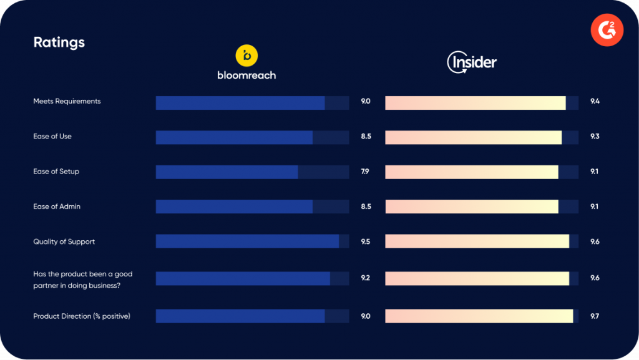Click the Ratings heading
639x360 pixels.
click(x=59, y=42)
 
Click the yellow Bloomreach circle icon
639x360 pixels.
click(x=246, y=56)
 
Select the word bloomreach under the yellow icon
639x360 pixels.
click(x=246, y=75)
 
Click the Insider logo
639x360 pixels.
click(x=472, y=62)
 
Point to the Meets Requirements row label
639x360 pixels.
click(x=67, y=101)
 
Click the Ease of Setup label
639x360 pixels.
click(x=56, y=172)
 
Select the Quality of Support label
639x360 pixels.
click(x=64, y=241)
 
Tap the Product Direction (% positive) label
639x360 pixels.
click(x=82, y=316)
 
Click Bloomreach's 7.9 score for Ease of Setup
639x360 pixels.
click(x=365, y=172)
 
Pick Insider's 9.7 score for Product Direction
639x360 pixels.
click(x=595, y=316)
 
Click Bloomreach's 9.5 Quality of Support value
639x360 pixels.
click(x=366, y=241)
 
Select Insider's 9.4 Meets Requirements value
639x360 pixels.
click(x=595, y=101)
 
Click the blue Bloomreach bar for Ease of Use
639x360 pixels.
click(x=234, y=137)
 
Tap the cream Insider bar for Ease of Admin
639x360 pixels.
click(x=471, y=207)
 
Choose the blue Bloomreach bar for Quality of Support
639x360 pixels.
click(x=247, y=241)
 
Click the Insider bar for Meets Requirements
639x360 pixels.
click(x=475, y=103)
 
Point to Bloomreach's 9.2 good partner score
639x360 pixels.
click(x=366, y=278)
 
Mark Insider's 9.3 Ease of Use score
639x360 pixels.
click(x=595, y=136)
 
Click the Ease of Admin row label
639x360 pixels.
click(x=57, y=207)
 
